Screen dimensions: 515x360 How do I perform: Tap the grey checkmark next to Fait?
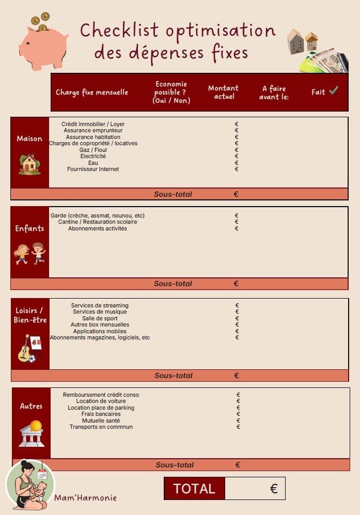point(334,91)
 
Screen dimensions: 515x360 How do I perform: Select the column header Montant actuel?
point(223,92)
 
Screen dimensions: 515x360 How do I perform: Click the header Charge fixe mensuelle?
point(92,92)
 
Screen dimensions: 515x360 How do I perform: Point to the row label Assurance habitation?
point(93,137)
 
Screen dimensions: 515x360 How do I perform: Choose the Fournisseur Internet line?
point(93,169)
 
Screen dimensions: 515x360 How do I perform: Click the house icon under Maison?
point(29,164)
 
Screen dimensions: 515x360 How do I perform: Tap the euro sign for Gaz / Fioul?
point(237,150)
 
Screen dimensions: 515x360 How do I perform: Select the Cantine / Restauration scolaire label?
point(98,222)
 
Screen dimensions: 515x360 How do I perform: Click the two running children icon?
point(29,254)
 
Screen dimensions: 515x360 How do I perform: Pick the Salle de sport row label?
point(100,318)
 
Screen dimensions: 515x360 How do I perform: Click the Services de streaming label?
point(100,305)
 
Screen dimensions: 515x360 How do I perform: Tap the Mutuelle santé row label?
point(101,420)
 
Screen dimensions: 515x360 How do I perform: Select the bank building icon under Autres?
point(32,434)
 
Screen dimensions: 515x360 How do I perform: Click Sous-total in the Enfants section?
point(173,284)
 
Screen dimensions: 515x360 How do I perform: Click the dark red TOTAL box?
point(194,489)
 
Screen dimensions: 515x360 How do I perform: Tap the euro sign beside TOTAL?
point(274,489)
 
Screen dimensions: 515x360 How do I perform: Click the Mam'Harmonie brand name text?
point(86,498)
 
